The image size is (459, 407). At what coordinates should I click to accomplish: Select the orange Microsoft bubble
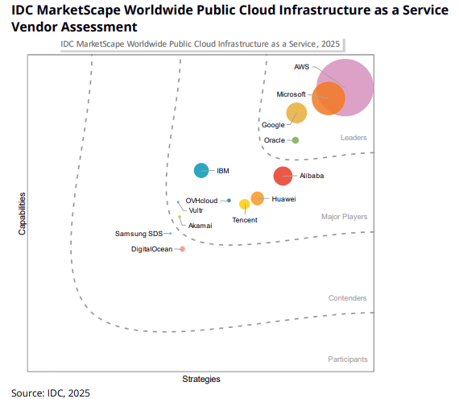coord(329,99)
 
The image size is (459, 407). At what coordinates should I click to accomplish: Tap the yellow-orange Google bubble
coord(296,113)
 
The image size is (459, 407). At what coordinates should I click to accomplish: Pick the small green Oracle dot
coord(296,140)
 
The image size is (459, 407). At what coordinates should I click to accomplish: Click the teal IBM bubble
coord(201,170)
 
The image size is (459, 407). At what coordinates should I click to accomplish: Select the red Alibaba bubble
coord(283,176)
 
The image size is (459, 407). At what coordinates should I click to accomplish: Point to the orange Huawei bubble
coord(257,198)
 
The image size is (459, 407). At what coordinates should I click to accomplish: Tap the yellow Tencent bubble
coord(244,205)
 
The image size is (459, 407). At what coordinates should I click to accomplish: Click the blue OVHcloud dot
coord(229,200)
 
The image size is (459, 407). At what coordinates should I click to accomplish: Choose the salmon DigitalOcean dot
coord(182,249)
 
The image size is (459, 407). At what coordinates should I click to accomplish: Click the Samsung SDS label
coord(138,234)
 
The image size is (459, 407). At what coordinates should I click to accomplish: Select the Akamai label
coord(200,226)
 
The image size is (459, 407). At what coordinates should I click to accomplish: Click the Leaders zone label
coord(354,138)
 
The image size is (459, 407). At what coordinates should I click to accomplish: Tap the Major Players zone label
coord(344,217)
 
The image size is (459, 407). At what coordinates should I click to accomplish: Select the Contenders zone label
coord(347,298)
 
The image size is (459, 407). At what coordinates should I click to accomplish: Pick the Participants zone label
coord(347,359)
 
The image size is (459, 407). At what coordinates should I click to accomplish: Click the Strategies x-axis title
coord(201,379)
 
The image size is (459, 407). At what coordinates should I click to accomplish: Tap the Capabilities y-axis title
coord(22,213)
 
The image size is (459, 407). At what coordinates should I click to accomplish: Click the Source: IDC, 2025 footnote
coord(51,393)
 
